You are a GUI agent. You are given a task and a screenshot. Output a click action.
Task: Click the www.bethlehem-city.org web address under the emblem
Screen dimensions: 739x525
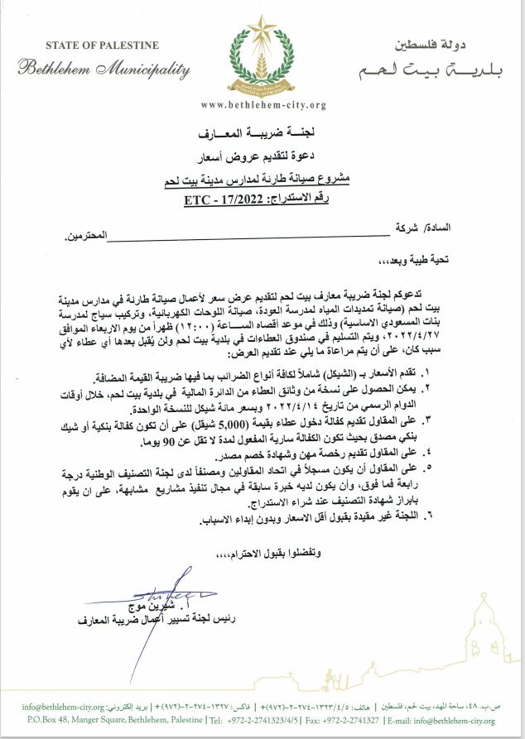(x=262, y=105)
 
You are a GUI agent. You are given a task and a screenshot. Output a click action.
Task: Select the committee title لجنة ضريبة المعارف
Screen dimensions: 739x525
(x=262, y=132)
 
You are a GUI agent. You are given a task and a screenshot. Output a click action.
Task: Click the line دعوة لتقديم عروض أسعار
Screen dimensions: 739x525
(x=262, y=155)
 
